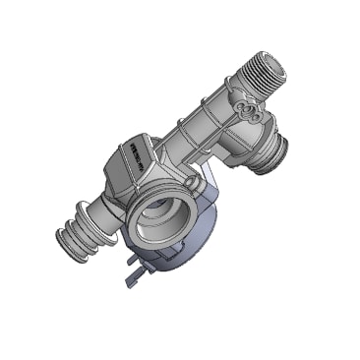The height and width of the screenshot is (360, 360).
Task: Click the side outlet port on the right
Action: pos(268,150)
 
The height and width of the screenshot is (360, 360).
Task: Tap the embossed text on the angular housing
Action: pos(134,156)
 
